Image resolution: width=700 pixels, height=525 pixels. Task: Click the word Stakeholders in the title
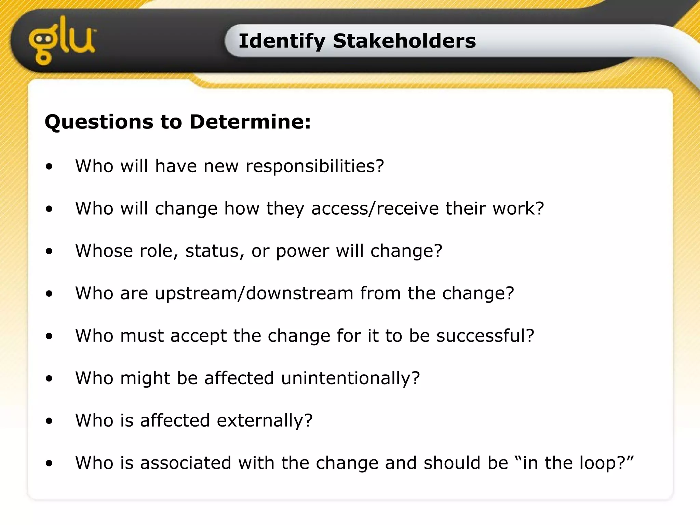404,41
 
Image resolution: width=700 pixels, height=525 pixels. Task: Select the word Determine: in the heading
250,122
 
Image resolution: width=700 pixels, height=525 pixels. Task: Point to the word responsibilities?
315,166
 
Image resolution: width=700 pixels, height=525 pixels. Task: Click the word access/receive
375,208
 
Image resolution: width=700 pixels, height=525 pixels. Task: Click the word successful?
485,336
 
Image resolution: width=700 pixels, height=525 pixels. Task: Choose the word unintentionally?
350,378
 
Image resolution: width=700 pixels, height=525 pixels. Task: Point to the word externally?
265,421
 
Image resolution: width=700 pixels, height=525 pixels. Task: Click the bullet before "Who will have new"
50,167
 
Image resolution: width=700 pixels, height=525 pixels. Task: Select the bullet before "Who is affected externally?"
50,421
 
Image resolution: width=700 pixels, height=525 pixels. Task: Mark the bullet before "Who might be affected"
50,379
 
